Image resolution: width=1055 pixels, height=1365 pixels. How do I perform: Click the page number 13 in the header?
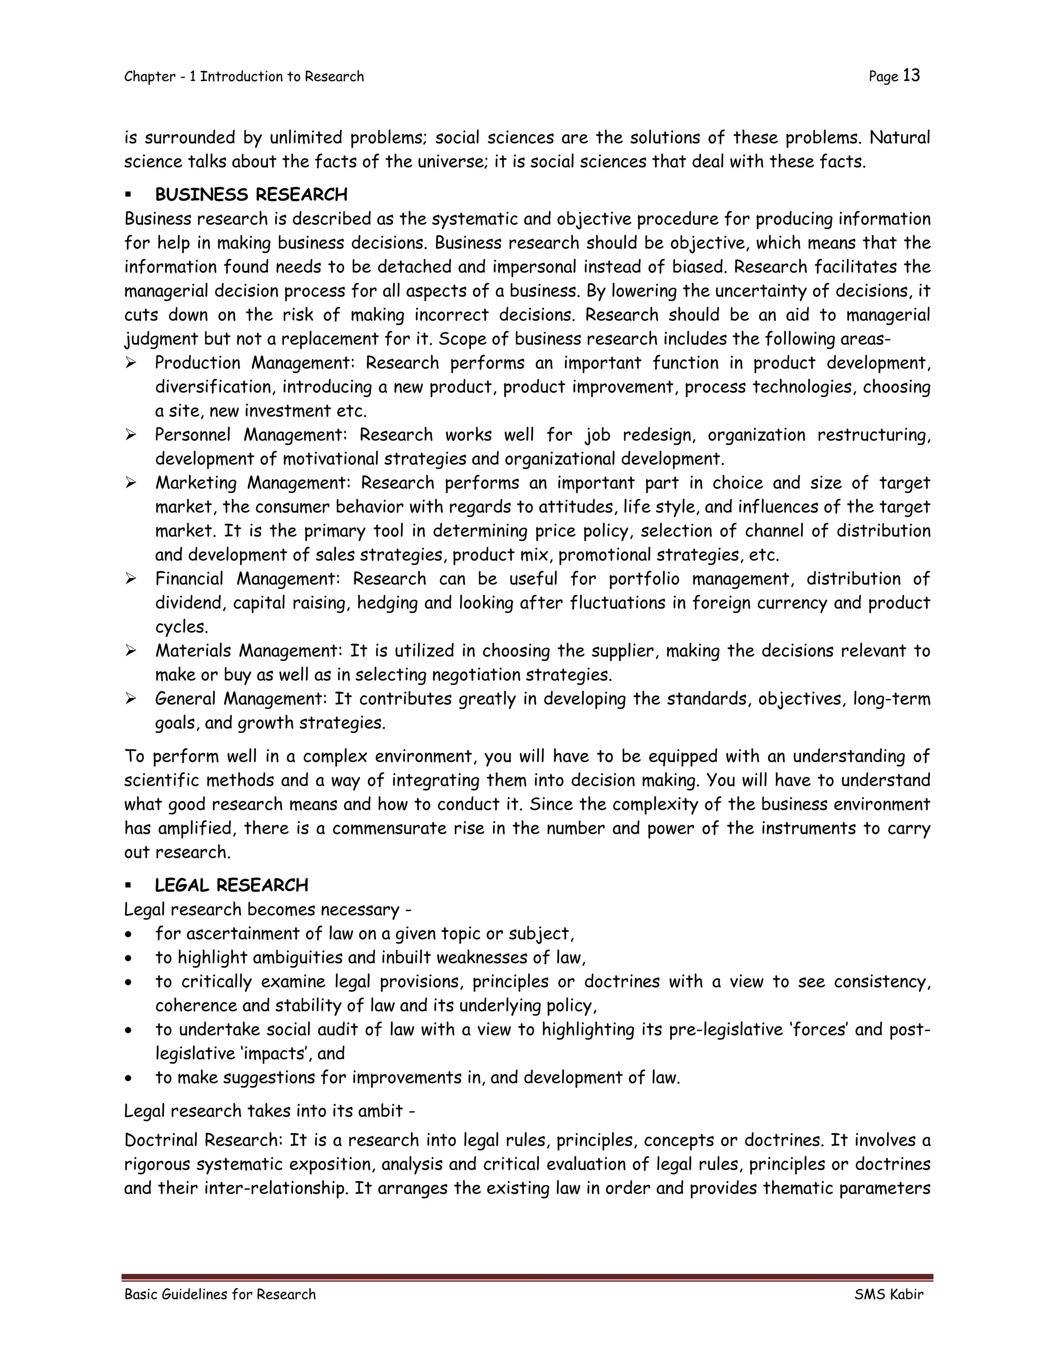click(911, 76)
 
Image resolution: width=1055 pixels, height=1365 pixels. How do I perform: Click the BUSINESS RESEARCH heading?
click(251, 195)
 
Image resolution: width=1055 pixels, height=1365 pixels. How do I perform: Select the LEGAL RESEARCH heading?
click(231, 885)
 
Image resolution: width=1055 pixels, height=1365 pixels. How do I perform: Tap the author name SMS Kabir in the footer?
click(888, 1294)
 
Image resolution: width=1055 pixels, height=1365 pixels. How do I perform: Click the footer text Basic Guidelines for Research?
click(220, 1294)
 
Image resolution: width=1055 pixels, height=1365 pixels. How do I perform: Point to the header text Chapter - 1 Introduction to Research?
click(244, 77)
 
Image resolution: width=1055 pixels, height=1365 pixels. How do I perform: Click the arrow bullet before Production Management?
click(131, 363)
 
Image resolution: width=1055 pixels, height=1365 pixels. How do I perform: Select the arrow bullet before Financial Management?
click(131, 579)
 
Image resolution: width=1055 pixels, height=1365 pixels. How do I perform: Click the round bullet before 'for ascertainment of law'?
click(128, 935)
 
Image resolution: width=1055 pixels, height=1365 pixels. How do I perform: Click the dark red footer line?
click(527, 1278)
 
